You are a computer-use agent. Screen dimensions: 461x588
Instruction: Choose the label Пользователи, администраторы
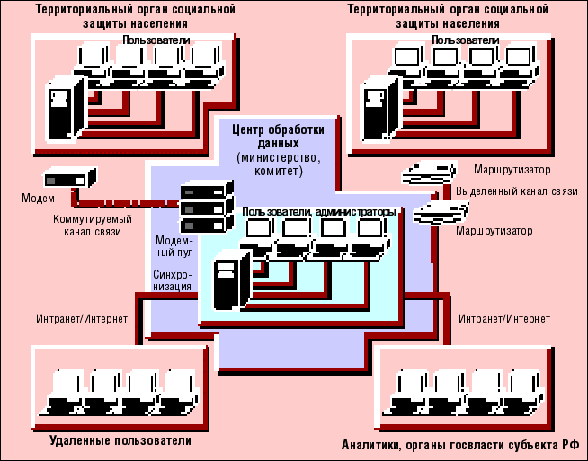(318, 212)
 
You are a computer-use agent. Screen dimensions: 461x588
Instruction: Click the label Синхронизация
(172, 280)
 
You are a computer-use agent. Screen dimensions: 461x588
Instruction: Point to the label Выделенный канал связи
(515, 193)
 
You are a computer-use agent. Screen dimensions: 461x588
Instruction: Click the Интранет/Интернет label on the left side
(82, 319)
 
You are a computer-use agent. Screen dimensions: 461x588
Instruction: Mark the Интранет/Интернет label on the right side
(504, 319)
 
